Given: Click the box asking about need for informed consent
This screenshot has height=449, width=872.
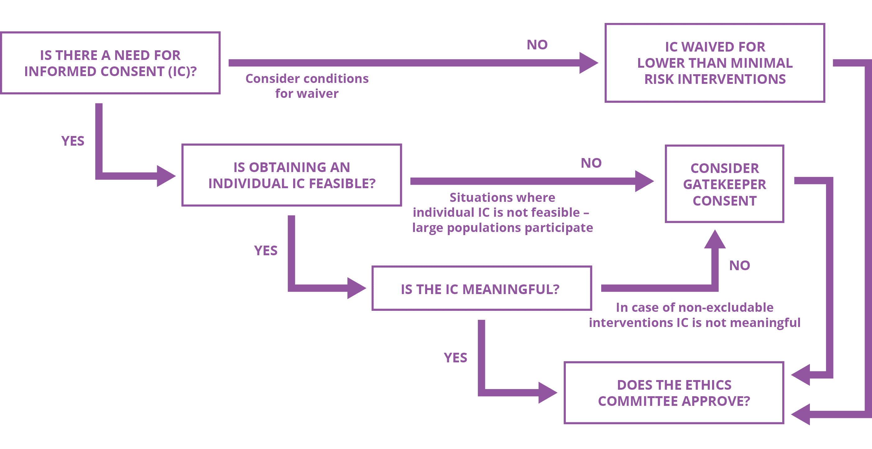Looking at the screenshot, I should (x=110, y=63).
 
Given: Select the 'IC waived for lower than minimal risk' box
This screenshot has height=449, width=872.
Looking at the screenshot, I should (x=715, y=63).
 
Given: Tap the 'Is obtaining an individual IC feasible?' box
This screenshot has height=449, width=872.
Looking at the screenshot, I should (x=292, y=175).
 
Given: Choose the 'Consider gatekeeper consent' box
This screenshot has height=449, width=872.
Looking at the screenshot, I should (x=724, y=184).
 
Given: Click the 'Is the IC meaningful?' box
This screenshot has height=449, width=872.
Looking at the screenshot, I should (x=481, y=288).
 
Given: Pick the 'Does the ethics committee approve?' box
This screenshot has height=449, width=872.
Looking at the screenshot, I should (x=674, y=393).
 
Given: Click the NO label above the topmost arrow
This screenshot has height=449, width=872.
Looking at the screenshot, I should (x=537, y=45).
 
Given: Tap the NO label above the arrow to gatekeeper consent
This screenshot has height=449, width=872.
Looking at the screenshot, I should (x=591, y=163).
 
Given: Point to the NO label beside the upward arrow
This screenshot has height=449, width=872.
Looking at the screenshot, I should (x=739, y=265).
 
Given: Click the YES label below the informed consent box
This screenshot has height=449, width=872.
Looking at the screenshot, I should (x=73, y=141).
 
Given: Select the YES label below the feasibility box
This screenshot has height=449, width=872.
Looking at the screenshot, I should (x=266, y=251).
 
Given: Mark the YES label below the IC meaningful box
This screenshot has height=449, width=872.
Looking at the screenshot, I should (x=455, y=358).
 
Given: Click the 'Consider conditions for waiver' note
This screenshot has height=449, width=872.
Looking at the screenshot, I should (x=307, y=86).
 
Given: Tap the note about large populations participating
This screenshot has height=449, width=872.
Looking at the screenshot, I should (x=502, y=212).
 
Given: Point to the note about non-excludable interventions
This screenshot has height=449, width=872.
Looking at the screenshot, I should (x=695, y=315).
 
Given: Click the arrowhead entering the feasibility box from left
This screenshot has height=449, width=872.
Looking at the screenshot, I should (x=166, y=176).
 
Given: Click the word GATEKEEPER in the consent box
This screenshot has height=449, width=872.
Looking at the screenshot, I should (x=724, y=184).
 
